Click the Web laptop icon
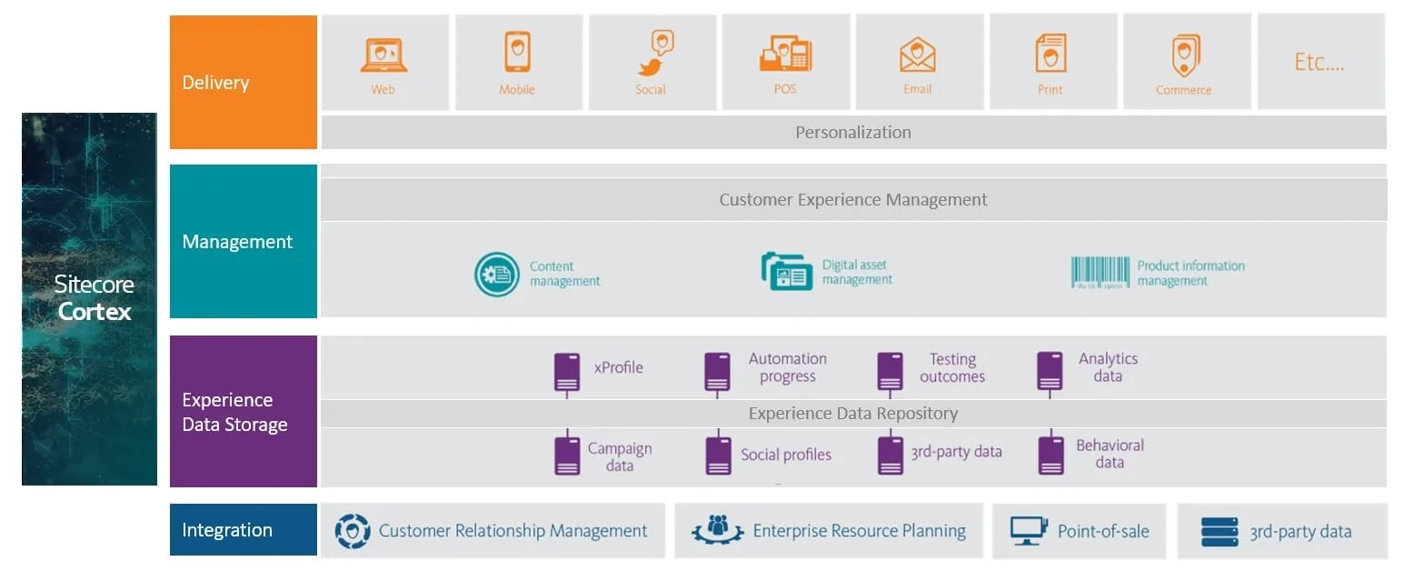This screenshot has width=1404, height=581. pos(383,55)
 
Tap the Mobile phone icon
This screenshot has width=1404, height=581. pos(517,52)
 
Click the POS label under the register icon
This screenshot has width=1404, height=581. pos(785,89)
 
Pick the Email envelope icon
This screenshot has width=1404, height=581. pos(918,55)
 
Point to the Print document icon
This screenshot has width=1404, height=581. pos(1051,53)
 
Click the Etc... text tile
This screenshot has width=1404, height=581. pos(1319,63)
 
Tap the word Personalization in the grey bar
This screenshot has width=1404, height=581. pos(852,133)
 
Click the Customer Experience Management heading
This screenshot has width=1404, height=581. pos(852,200)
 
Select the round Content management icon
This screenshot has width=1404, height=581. pos(497,275)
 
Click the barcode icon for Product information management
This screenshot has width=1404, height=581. pos(1100,272)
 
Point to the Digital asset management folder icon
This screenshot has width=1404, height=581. pos(786,272)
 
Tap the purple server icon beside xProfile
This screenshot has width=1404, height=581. pos(567,371)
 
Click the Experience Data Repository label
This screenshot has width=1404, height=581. pos(852,414)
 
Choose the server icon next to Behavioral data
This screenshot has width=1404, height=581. pos(1051,455)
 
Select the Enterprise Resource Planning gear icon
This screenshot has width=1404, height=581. pos(718,530)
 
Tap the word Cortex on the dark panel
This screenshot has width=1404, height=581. pos(95,312)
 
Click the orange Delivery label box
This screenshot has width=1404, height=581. pos(243,83)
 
